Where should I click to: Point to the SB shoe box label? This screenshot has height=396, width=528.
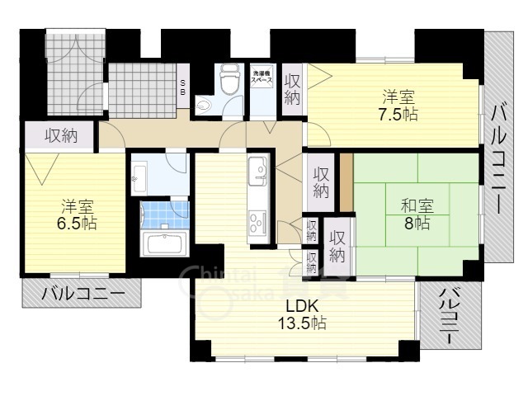click(183, 87)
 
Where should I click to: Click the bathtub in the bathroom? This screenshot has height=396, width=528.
click(165, 245)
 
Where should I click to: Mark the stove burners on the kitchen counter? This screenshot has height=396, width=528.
click(257, 221)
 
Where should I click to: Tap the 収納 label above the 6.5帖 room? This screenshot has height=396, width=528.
click(61, 134)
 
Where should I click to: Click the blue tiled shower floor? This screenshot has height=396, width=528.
click(166, 215)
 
